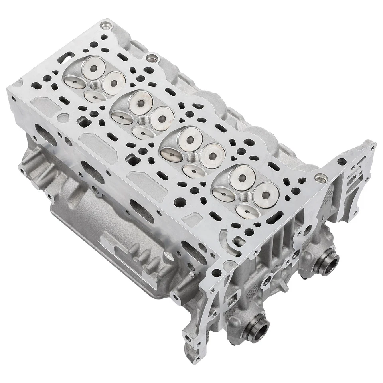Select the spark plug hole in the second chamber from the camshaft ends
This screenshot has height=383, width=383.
click(193, 158)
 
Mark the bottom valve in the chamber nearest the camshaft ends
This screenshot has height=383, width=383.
click(248, 211)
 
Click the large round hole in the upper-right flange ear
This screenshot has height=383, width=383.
click(342, 162)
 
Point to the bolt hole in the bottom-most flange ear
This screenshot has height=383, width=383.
click(189, 340)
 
